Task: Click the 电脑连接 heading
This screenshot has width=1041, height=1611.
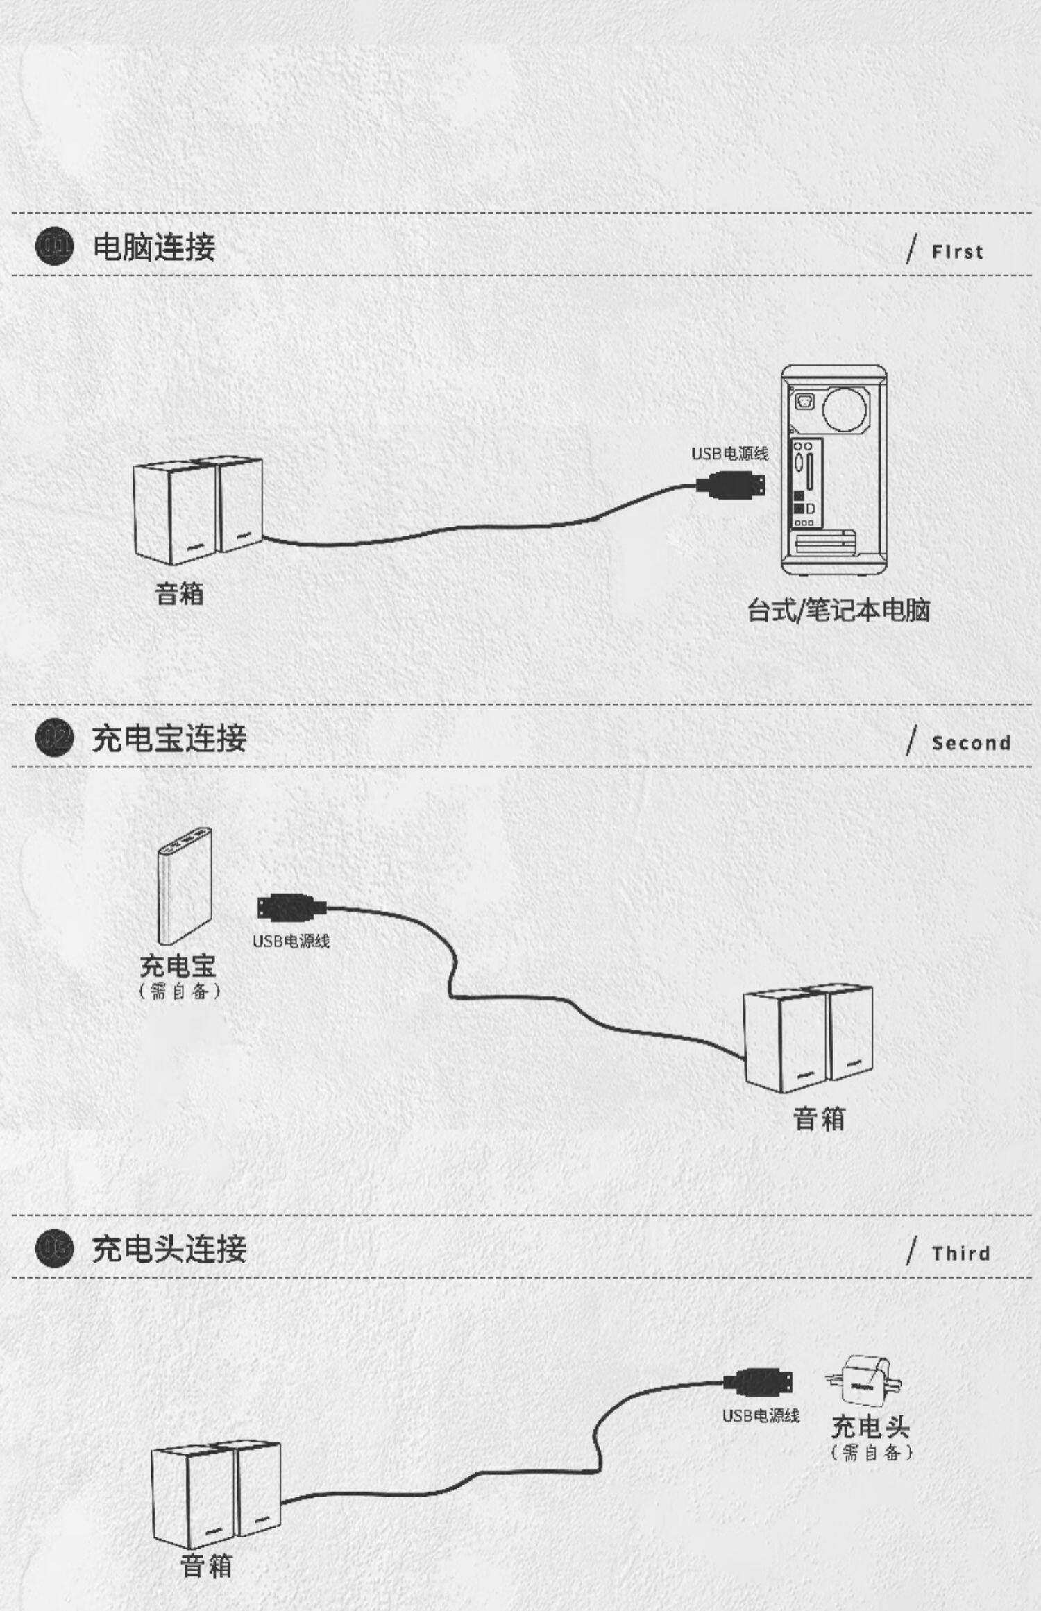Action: click(x=154, y=247)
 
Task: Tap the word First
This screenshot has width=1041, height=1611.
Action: click(x=957, y=252)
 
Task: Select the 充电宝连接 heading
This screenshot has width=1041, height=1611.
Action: click(x=169, y=738)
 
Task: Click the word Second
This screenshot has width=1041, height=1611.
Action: click(x=970, y=743)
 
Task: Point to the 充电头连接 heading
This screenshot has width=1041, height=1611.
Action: click(x=169, y=1249)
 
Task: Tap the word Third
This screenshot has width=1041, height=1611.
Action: click(x=960, y=1254)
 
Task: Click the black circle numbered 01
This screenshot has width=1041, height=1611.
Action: click(x=54, y=246)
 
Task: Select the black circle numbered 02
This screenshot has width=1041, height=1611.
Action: click(x=54, y=738)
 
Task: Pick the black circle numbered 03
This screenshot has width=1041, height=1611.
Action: click(x=54, y=1248)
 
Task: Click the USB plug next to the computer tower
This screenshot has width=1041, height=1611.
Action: click(x=732, y=484)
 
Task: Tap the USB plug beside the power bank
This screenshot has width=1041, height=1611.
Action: click(x=291, y=907)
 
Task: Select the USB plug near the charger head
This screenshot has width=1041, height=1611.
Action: click(x=759, y=1381)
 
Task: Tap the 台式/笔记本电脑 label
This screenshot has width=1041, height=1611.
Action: click(x=838, y=611)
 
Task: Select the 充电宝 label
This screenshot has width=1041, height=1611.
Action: click(x=178, y=966)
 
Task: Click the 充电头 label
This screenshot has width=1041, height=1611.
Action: click(x=870, y=1426)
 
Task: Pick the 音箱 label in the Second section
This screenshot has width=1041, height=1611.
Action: click(x=819, y=1119)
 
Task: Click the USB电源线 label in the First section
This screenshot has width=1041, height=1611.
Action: click(x=729, y=454)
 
